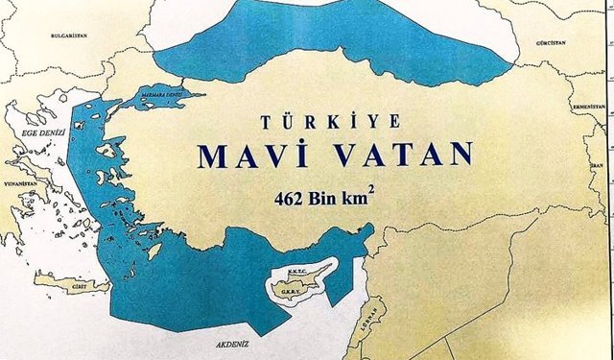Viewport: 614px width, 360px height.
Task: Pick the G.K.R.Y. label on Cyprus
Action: pos(284,288)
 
